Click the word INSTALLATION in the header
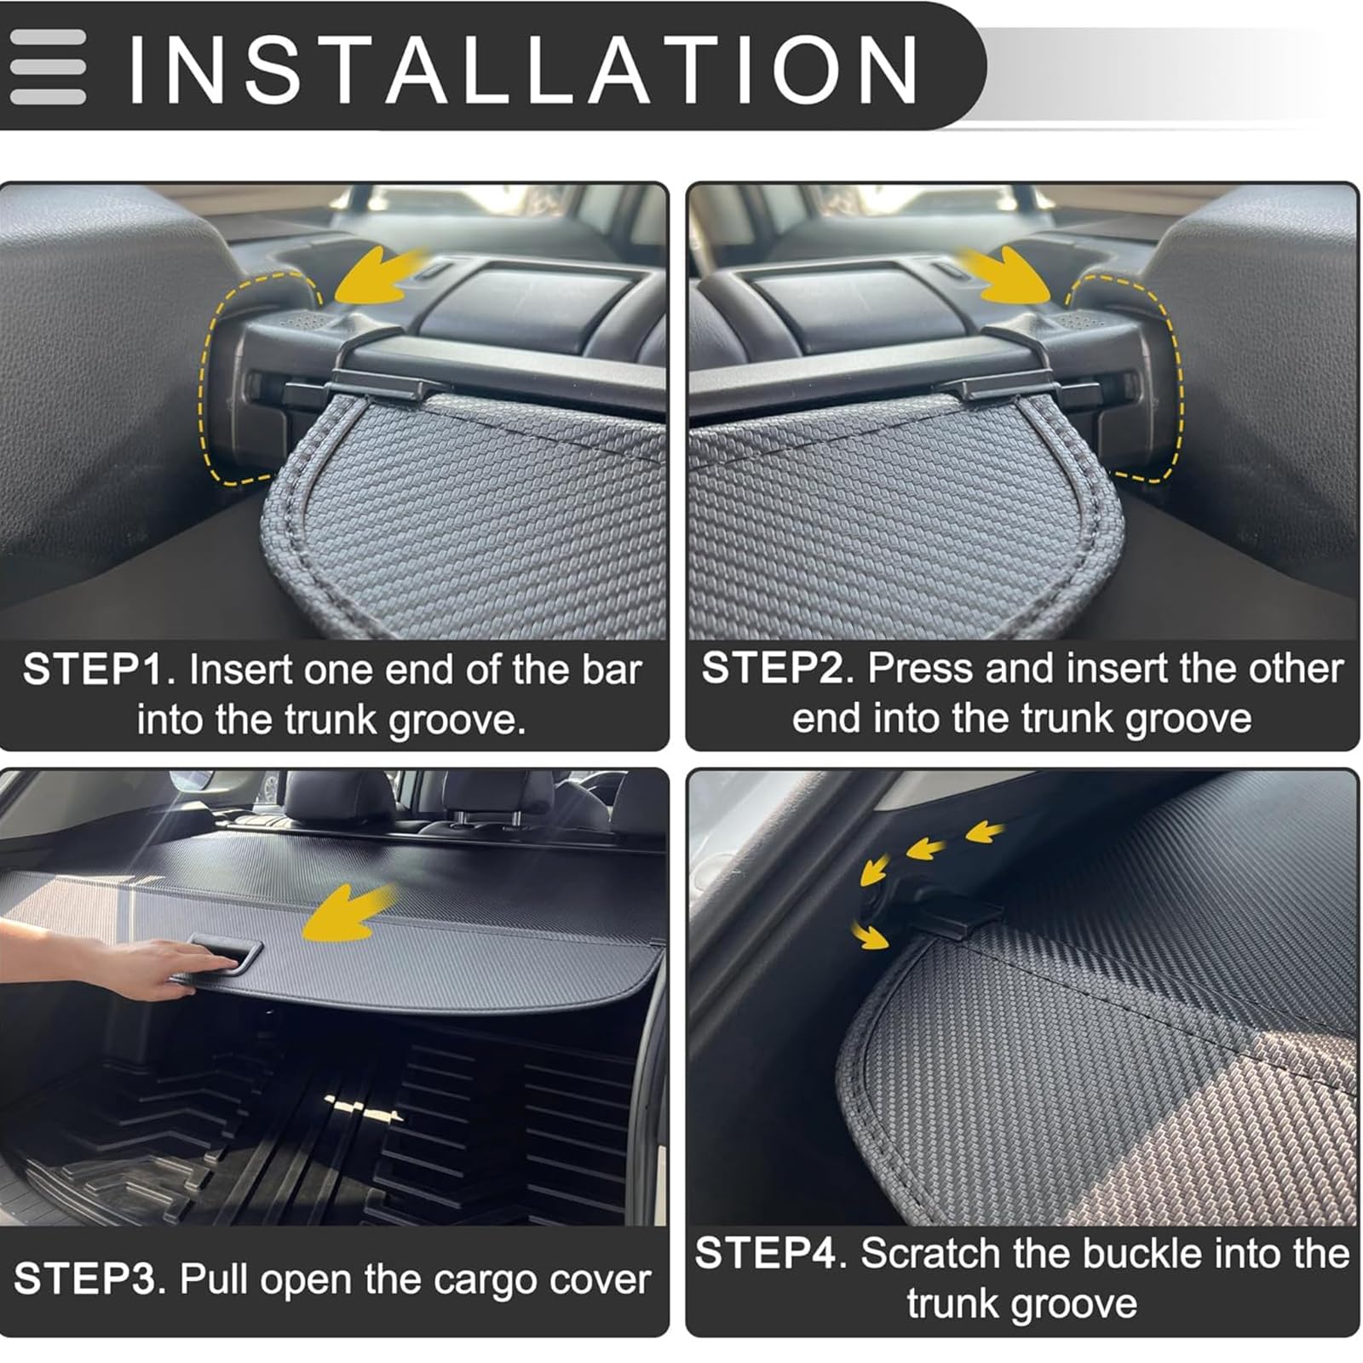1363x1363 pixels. (x=523, y=68)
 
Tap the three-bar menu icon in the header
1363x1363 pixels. (x=48, y=67)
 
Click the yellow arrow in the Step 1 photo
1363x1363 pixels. (x=382, y=275)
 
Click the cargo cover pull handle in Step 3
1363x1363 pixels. (x=225, y=954)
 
